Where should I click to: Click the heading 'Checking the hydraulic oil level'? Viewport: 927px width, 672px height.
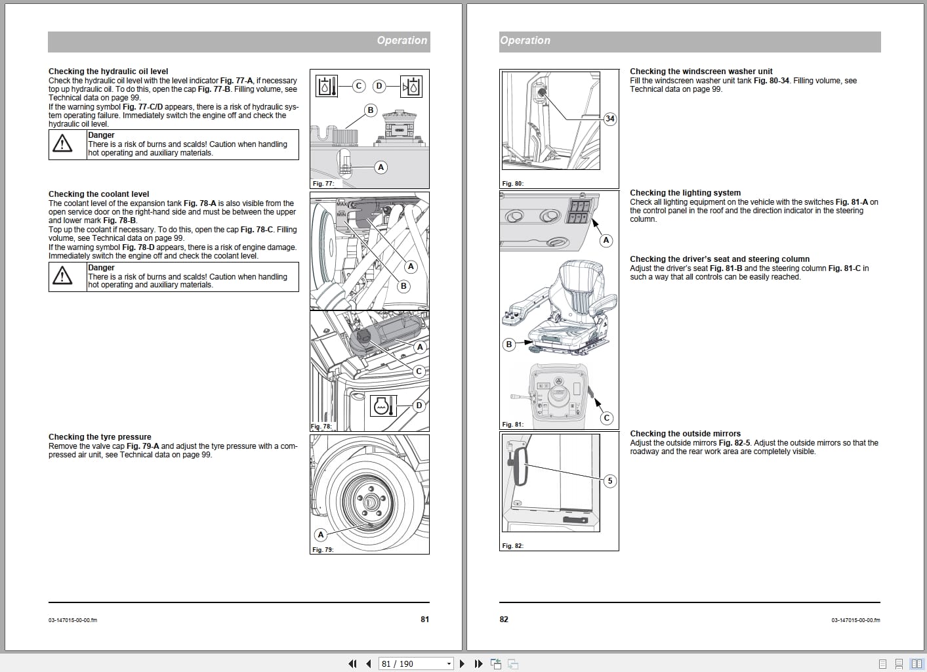point(108,72)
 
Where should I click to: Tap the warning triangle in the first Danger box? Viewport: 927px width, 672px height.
point(62,144)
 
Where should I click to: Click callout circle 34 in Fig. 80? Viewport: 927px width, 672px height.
point(610,119)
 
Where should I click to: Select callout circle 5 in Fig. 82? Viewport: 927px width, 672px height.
point(610,481)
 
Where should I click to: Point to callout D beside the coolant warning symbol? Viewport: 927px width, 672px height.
point(419,406)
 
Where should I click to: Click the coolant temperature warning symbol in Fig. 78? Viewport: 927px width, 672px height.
point(384,407)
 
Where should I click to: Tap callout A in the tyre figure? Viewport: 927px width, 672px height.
point(321,535)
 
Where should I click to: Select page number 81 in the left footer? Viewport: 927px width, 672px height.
point(424,619)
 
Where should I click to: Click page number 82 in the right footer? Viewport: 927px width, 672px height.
point(504,619)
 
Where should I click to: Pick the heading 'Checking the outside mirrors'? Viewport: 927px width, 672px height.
point(685,434)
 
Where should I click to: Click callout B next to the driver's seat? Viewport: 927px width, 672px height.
point(508,344)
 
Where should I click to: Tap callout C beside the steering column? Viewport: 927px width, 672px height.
point(607,418)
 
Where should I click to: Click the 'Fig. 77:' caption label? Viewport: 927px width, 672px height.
point(323,184)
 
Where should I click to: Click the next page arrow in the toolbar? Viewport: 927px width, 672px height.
point(463,663)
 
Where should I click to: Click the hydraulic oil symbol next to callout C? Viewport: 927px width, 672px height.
point(327,86)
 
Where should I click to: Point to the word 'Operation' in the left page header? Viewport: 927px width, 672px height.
point(402,41)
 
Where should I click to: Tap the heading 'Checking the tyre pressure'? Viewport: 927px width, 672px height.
point(100,437)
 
